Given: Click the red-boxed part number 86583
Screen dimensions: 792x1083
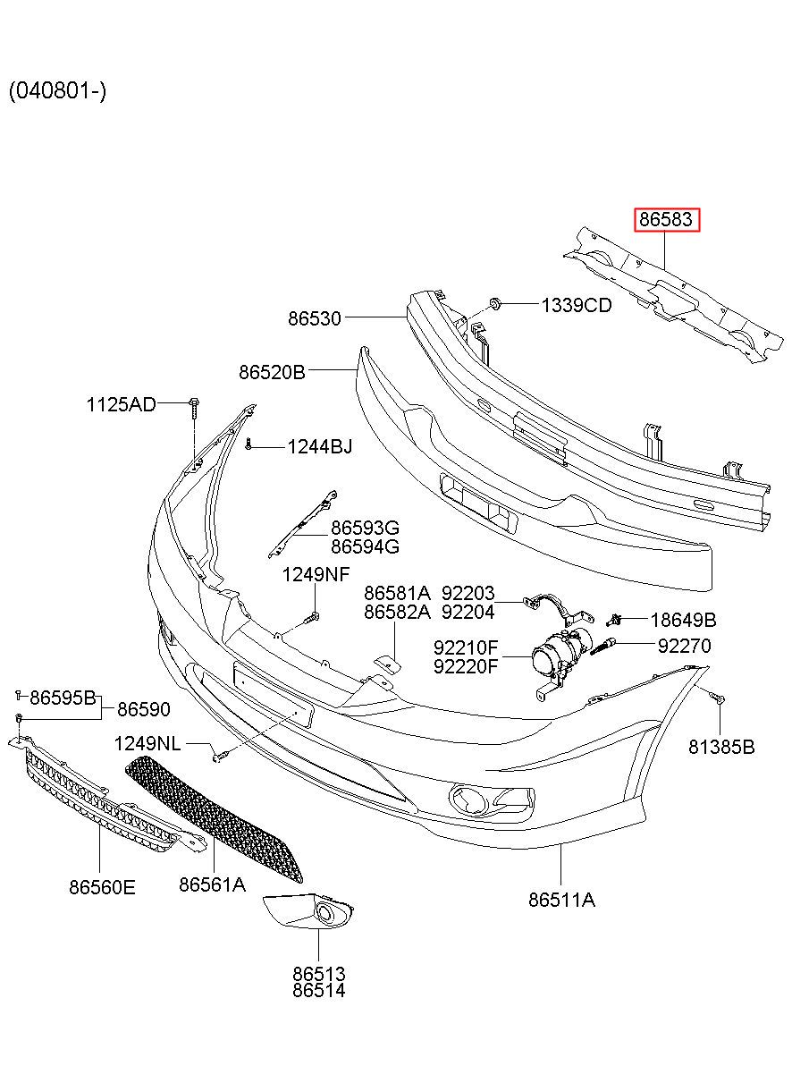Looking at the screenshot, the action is pyautogui.click(x=666, y=219).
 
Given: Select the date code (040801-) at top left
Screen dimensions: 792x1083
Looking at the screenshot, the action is pyautogui.click(x=57, y=90).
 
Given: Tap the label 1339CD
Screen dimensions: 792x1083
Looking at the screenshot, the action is pyautogui.click(x=576, y=305).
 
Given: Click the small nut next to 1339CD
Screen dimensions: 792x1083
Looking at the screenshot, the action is pyautogui.click(x=495, y=304).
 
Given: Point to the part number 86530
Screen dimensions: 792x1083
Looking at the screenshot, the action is pyautogui.click(x=315, y=318).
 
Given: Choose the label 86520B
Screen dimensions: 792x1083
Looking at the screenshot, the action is pyautogui.click(x=272, y=372).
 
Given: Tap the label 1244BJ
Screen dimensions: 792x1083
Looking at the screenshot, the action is pyautogui.click(x=320, y=446).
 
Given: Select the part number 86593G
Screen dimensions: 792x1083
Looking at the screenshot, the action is pyautogui.click(x=365, y=528).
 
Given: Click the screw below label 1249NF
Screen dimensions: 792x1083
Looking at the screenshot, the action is pyautogui.click(x=311, y=617).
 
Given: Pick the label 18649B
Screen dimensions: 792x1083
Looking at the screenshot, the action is pyautogui.click(x=683, y=620).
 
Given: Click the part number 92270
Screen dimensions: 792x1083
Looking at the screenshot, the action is pyautogui.click(x=685, y=646).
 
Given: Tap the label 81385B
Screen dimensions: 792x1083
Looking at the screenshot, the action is pyautogui.click(x=721, y=747).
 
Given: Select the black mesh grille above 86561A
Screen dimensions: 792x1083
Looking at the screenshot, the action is pyautogui.click(x=214, y=818).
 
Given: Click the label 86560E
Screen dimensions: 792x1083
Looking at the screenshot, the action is pyautogui.click(x=102, y=887).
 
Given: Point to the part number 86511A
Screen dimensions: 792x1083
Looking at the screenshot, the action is pyautogui.click(x=561, y=900).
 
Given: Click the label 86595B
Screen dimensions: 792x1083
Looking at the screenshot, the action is pyautogui.click(x=63, y=698).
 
